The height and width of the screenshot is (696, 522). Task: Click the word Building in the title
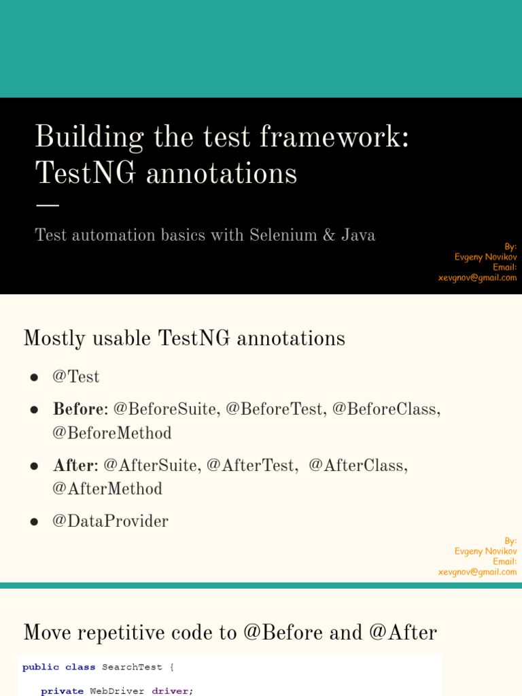pyautogui.click(x=89, y=137)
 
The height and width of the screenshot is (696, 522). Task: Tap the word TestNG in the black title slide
pyautogui.click(x=85, y=173)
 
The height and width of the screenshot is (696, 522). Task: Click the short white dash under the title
pyautogui.click(x=47, y=205)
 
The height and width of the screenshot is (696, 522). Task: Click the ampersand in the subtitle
pyautogui.click(x=329, y=234)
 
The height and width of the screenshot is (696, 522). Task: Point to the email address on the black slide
pyautogui.click(x=477, y=278)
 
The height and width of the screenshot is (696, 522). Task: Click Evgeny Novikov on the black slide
pyautogui.click(x=485, y=257)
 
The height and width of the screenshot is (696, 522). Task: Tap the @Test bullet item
pyautogui.click(x=76, y=377)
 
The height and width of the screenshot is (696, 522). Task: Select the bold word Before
pyautogui.click(x=79, y=408)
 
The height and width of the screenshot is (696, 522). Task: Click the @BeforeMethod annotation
pyautogui.click(x=112, y=433)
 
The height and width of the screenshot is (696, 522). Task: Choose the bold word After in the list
pyautogui.click(x=73, y=465)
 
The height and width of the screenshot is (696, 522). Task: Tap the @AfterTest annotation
pyautogui.click(x=250, y=465)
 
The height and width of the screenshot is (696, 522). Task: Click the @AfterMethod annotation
pyautogui.click(x=107, y=489)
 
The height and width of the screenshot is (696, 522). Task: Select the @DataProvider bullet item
pyautogui.click(x=111, y=521)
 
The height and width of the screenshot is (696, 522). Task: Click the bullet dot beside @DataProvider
pyautogui.click(x=34, y=522)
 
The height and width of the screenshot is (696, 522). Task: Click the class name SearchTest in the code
pyautogui.click(x=132, y=667)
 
